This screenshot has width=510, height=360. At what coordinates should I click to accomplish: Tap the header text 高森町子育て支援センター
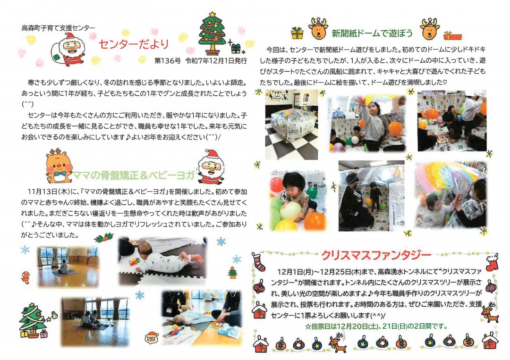pos(58,28)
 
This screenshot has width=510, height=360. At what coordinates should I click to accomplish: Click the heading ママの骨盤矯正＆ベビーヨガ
pos(134,176)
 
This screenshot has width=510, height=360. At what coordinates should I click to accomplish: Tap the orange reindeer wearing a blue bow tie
pos(59,166)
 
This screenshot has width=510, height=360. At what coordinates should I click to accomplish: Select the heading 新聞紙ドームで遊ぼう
pos(372,33)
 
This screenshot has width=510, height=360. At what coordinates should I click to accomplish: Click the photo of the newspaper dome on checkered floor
pos(291,125)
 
